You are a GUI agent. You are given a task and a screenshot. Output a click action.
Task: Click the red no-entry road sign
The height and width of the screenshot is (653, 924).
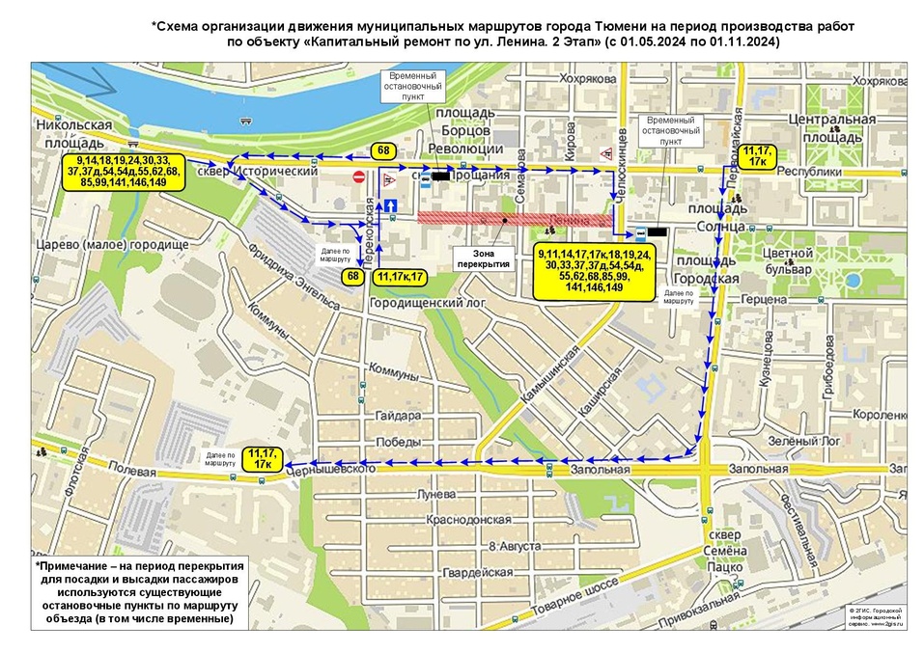point(358,177)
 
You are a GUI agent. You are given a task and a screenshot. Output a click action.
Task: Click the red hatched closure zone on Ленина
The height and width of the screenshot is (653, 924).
point(515,219)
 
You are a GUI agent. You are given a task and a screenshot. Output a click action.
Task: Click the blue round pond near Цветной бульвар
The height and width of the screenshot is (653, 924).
point(853,281)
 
